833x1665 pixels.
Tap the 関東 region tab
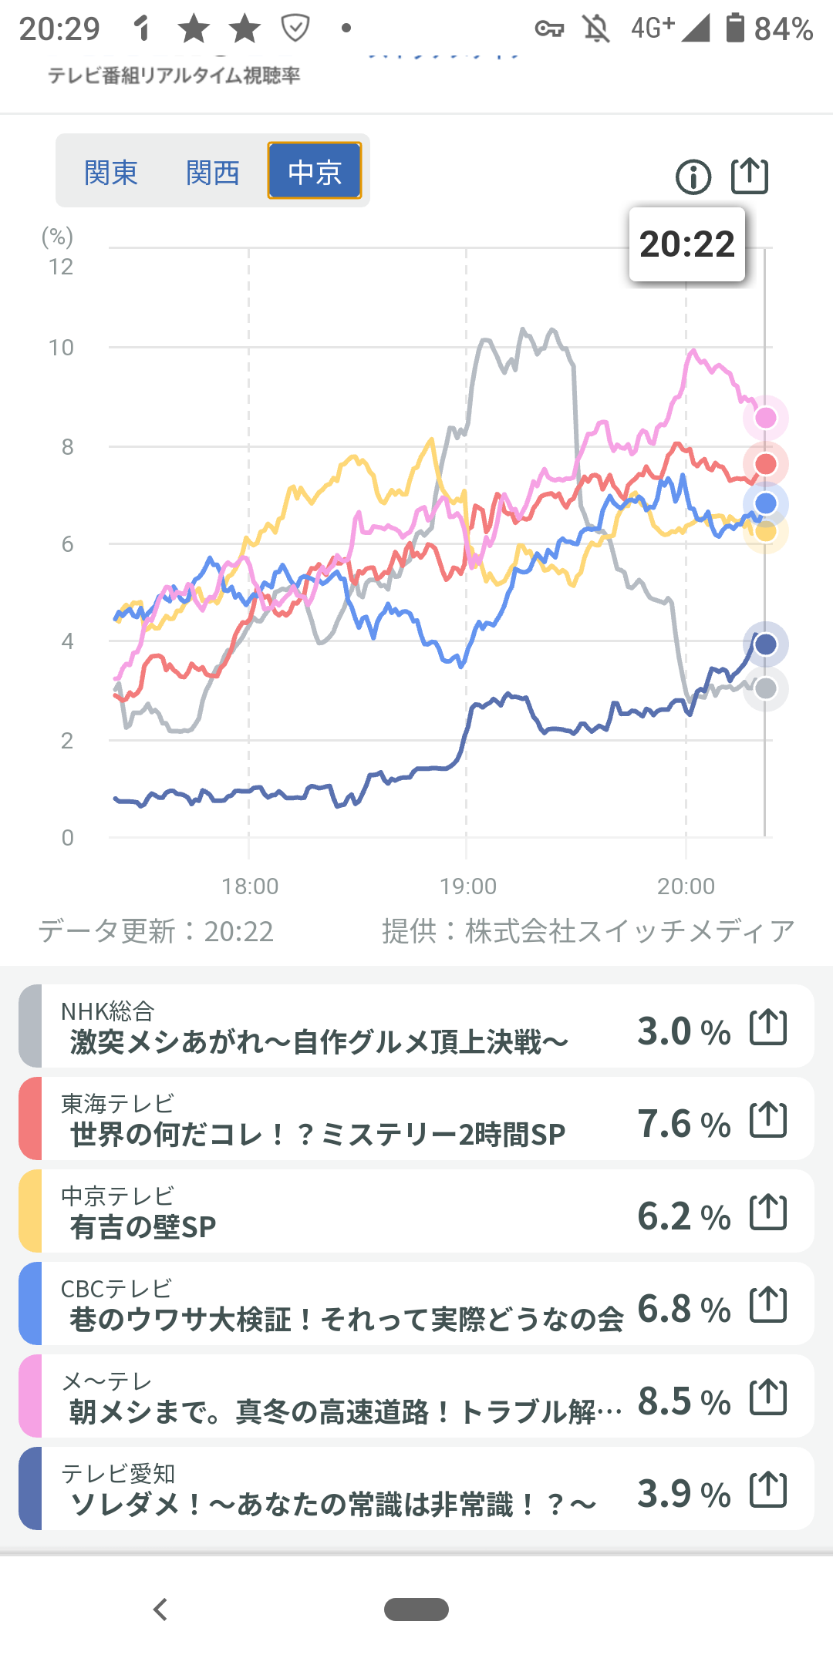coord(111,172)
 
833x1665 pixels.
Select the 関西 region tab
coord(213,172)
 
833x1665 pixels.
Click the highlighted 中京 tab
coord(315,171)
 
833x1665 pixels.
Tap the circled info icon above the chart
coord(693,177)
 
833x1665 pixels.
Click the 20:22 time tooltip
coord(687,244)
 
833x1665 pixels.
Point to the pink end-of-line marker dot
coord(766,418)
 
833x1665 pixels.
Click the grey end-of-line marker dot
coord(766,688)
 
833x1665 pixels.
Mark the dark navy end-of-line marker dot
coord(766,644)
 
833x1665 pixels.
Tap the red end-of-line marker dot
coord(766,464)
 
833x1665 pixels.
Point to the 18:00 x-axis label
coord(250,886)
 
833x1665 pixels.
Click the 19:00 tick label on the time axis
coord(468,886)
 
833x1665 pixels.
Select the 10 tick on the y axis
coord(62,348)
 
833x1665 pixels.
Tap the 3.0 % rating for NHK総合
coord(683,1031)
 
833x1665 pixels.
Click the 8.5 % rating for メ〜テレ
coord(683,1401)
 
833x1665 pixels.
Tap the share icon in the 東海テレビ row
coord(768,1119)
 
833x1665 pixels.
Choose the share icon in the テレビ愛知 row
coord(768,1489)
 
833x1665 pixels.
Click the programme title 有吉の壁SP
coord(143,1227)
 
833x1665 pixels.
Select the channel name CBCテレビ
coord(116,1289)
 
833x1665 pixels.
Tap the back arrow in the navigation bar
coord(160,1609)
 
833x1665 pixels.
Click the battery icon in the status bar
coord(735,28)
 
